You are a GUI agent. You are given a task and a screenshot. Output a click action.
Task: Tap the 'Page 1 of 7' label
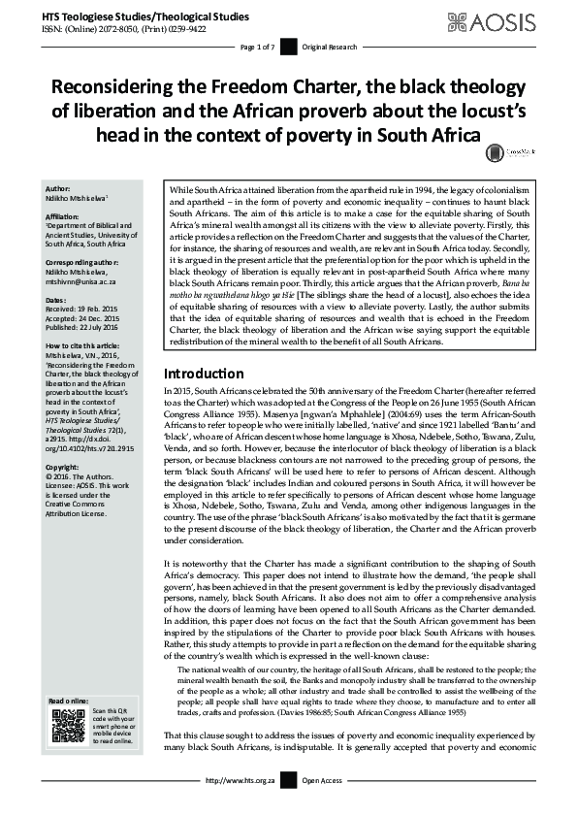pyautogui.click(x=257, y=47)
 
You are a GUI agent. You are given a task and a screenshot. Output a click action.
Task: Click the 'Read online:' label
pyautogui.click(x=68, y=700)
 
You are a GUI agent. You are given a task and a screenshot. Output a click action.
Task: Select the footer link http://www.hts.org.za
pyautogui.click(x=239, y=807)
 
